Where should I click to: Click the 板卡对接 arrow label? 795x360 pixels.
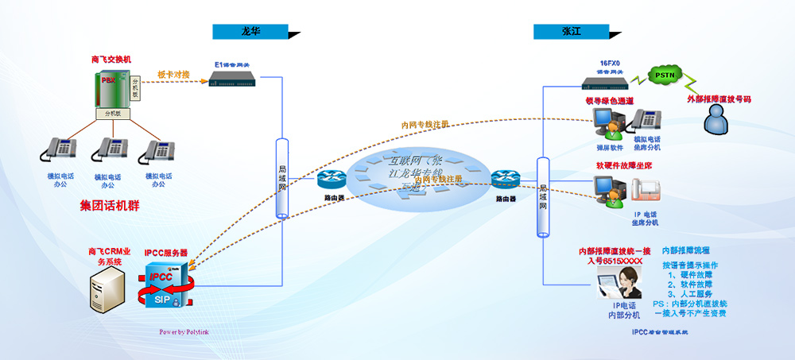[173, 75]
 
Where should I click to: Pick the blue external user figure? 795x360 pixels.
[718, 121]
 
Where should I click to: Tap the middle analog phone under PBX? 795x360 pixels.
[111, 150]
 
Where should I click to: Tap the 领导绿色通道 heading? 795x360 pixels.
[609, 101]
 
